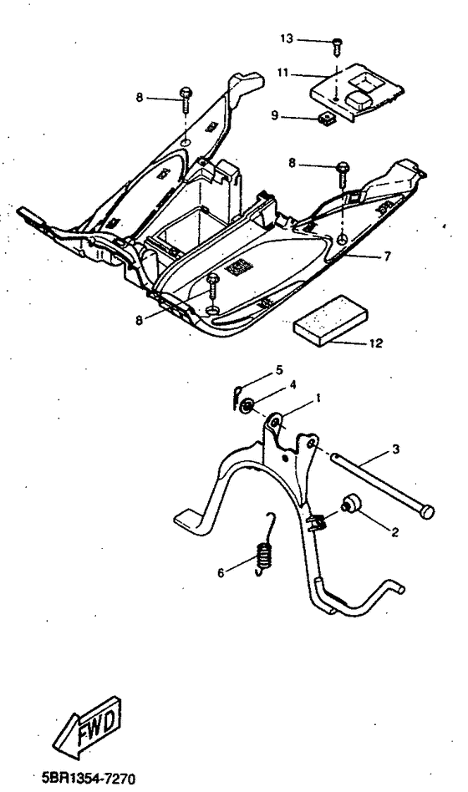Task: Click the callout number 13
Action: (x=287, y=39)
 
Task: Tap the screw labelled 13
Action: (x=336, y=42)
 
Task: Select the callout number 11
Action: (x=283, y=74)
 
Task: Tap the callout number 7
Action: (x=387, y=256)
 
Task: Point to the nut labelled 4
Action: (x=247, y=406)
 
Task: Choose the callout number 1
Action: (x=318, y=400)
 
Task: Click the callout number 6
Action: (x=221, y=574)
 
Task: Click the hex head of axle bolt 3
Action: (x=428, y=509)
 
